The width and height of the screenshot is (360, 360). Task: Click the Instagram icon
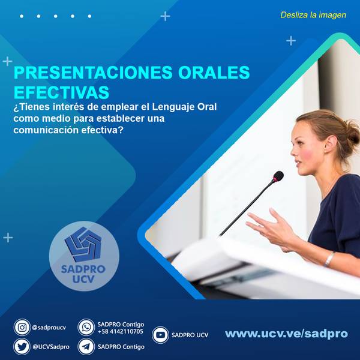click(x=22, y=327)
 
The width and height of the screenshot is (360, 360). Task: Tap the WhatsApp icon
click(x=86, y=327)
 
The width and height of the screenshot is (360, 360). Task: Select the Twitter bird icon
click(x=22, y=347)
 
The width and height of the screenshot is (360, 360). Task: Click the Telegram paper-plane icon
click(x=86, y=347)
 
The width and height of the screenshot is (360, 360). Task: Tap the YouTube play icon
click(x=160, y=335)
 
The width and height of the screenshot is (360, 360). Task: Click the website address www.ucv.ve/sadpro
click(x=286, y=334)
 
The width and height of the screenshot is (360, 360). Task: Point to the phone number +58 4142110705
click(x=121, y=331)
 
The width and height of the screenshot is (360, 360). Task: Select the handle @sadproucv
click(x=49, y=328)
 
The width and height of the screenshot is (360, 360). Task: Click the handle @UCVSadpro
click(x=51, y=347)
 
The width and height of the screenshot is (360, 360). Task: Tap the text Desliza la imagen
click(x=313, y=15)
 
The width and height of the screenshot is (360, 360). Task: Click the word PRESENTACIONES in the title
click(x=93, y=73)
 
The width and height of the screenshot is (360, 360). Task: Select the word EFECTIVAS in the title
click(x=61, y=92)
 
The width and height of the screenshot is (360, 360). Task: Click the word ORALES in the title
click(x=214, y=73)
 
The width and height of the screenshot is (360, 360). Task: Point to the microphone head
click(x=278, y=176)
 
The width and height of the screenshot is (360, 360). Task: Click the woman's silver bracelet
click(x=329, y=259)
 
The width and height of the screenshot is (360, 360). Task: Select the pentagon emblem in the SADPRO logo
click(x=83, y=244)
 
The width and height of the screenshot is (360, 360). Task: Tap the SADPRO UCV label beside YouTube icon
click(x=190, y=335)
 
